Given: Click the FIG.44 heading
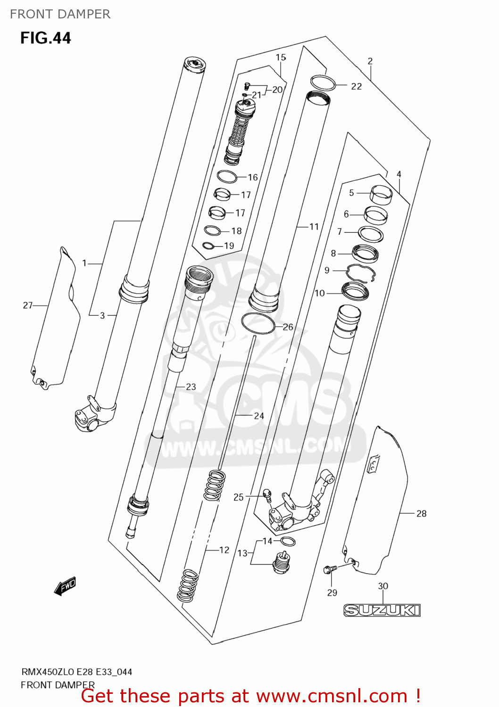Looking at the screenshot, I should [x=45, y=38].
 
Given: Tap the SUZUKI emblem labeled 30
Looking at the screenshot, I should [x=382, y=610].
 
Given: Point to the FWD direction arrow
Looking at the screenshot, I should [x=65, y=586].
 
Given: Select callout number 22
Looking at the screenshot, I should [x=356, y=86].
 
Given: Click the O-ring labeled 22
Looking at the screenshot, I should [x=323, y=83].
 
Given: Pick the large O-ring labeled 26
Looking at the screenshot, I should [x=258, y=323].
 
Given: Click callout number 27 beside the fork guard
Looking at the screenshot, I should [x=28, y=305].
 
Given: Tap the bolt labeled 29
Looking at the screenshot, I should [x=329, y=570].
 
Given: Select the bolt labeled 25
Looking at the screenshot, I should [x=267, y=494].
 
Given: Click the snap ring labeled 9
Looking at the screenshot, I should [x=361, y=272].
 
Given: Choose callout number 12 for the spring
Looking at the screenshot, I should [x=224, y=550].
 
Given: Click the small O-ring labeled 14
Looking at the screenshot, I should [x=288, y=541].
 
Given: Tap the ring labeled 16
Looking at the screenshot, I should [x=227, y=177].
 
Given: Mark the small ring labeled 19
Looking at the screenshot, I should [x=208, y=246].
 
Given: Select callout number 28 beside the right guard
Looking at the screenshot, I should [x=421, y=514].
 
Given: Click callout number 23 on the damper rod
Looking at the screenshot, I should [x=191, y=387].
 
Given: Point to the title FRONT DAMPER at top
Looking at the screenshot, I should [x=60, y=14].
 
